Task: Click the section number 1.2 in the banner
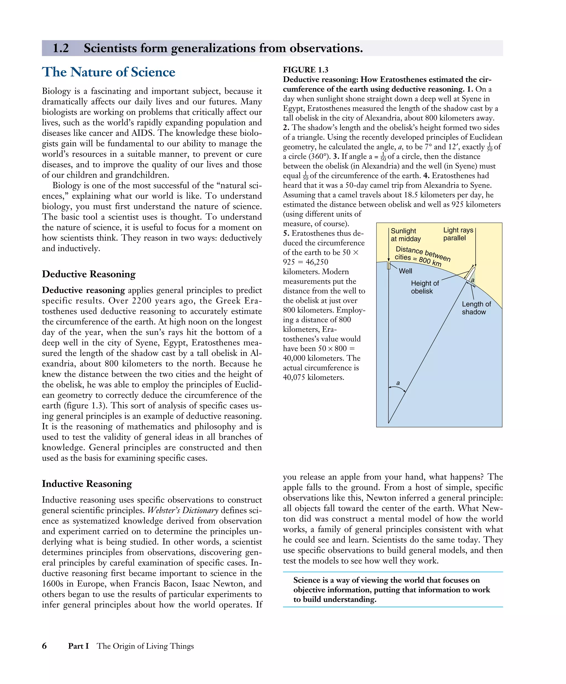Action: pos(61,48)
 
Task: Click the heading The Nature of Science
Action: pos(108,72)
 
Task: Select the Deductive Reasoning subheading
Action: pos(89,274)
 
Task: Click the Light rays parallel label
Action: pos(458,234)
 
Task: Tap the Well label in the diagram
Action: pos(405,271)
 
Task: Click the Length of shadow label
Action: pos(476,308)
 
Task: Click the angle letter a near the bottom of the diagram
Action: pos(398,383)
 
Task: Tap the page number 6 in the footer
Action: pos(44,646)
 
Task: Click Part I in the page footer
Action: pos(78,646)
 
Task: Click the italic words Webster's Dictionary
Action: pos(182,510)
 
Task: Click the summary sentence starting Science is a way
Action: pos(391,589)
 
